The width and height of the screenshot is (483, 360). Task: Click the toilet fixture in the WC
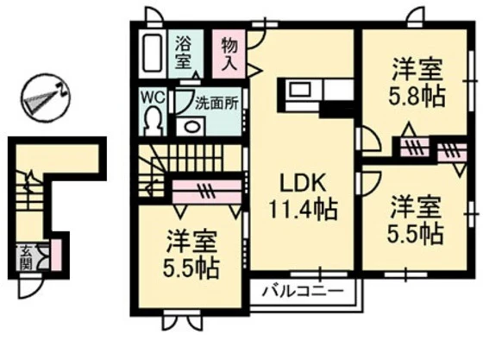(x=155, y=119)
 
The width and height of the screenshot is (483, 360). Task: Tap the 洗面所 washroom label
(x=216, y=101)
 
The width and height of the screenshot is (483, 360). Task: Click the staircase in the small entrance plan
(x=28, y=194)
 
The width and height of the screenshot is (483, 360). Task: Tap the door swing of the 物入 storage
(x=256, y=63)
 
